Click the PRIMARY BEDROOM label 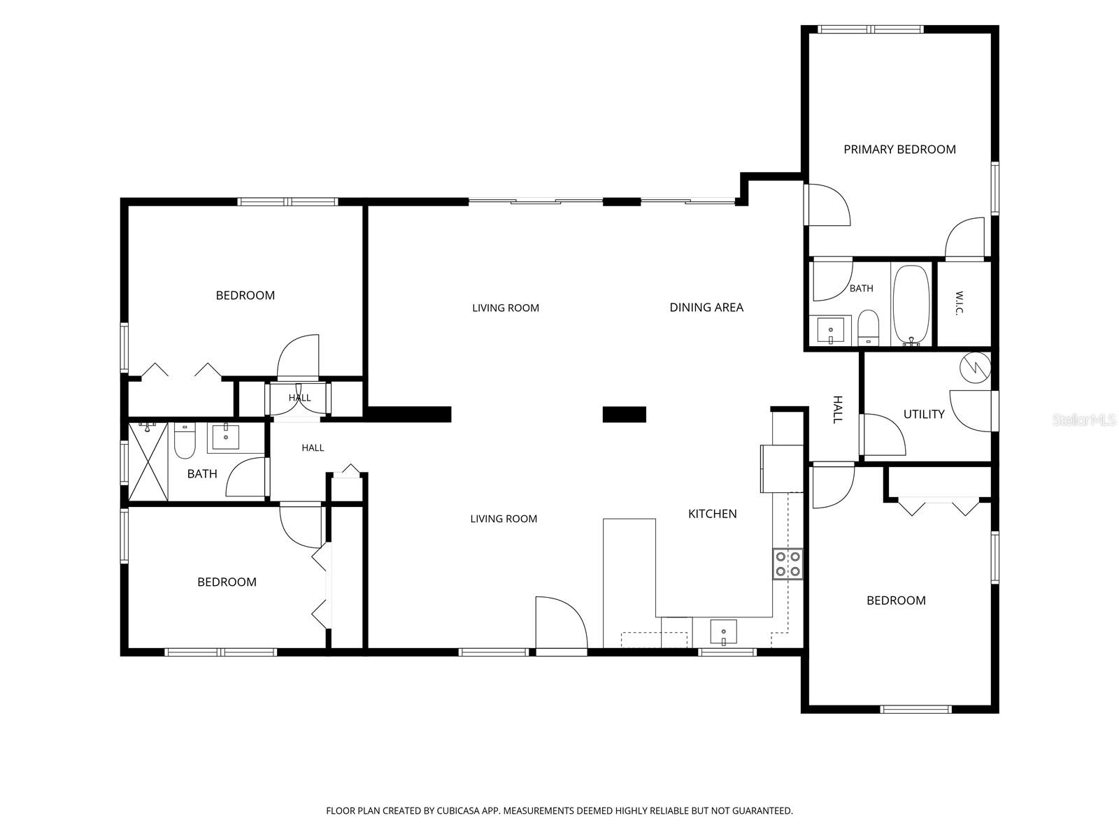click(x=899, y=149)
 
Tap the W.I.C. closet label click(x=959, y=303)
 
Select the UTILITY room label click(x=924, y=414)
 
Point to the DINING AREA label click(x=706, y=307)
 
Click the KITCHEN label click(x=712, y=513)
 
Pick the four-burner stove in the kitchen click(x=787, y=564)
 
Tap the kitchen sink click(x=723, y=631)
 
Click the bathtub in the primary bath click(x=911, y=305)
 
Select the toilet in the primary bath click(x=868, y=327)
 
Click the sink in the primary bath click(x=830, y=330)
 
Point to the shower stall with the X click(x=148, y=461)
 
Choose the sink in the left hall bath click(x=225, y=436)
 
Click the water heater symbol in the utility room click(x=975, y=368)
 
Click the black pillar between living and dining click(x=624, y=414)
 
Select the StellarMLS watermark click(x=1083, y=419)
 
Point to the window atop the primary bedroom click(x=871, y=29)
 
